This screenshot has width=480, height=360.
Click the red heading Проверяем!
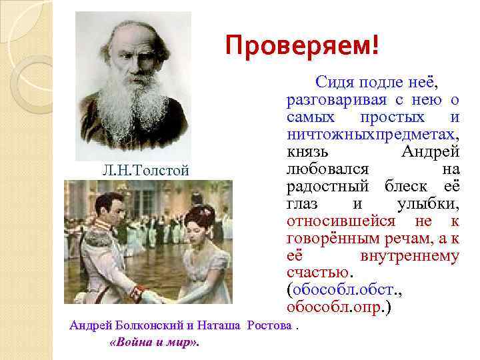(x=301, y=46)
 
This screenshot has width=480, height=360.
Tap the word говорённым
(x=327, y=239)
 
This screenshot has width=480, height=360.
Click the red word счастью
(x=317, y=273)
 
